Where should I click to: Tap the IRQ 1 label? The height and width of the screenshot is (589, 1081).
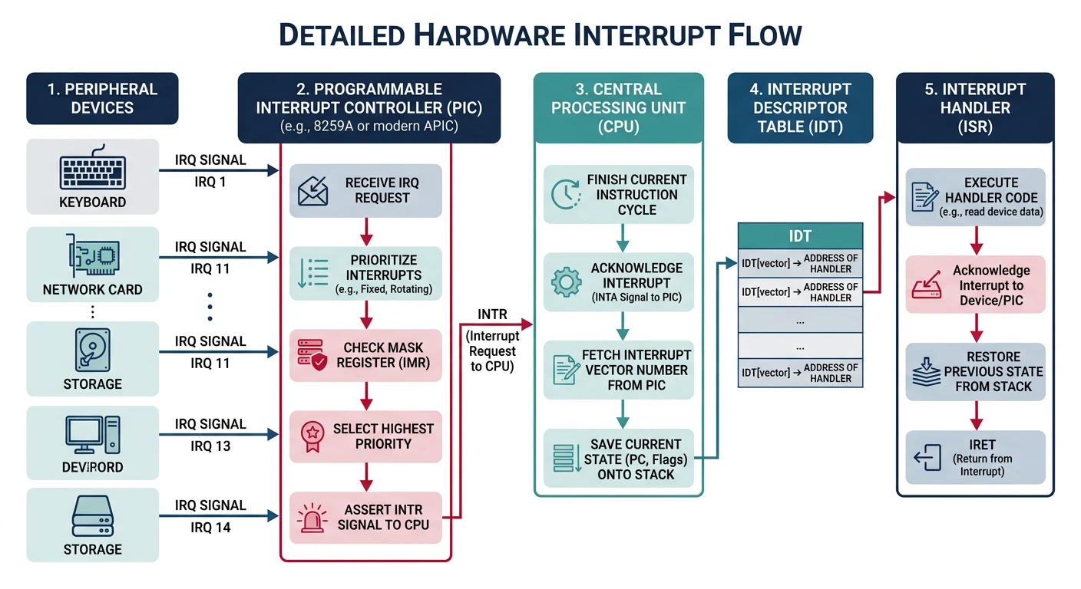click(x=210, y=182)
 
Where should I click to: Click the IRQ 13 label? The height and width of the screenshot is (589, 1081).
click(x=210, y=446)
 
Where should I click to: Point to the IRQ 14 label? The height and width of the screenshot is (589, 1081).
click(x=210, y=528)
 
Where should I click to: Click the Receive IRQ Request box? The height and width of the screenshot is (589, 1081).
click(x=366, y=190)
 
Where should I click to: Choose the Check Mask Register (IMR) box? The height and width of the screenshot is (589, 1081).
click(x=366, y=355)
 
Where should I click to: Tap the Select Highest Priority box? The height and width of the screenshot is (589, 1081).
click(x=366, y=436)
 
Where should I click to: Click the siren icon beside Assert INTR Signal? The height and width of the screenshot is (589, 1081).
click(x=312, y=518)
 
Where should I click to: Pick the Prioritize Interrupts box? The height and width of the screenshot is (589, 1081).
click(x=366, y=274)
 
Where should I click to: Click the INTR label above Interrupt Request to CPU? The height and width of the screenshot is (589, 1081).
click(x=492, y=314)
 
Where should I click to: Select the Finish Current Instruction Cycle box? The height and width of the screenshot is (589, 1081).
click(x=619, y=194)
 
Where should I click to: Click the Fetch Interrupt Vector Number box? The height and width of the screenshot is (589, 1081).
click(x=619, y=370)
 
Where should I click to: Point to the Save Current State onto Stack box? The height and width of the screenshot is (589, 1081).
click(x=619, y=459)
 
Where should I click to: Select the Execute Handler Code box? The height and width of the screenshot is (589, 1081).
click(x=976, y=197)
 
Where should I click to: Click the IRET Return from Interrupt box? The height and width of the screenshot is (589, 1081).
click(x=976, y=457)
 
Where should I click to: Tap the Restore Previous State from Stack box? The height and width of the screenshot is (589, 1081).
click(x=976, y=372)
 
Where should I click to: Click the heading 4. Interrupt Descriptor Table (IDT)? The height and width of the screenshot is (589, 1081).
click(x=800, y=107)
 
